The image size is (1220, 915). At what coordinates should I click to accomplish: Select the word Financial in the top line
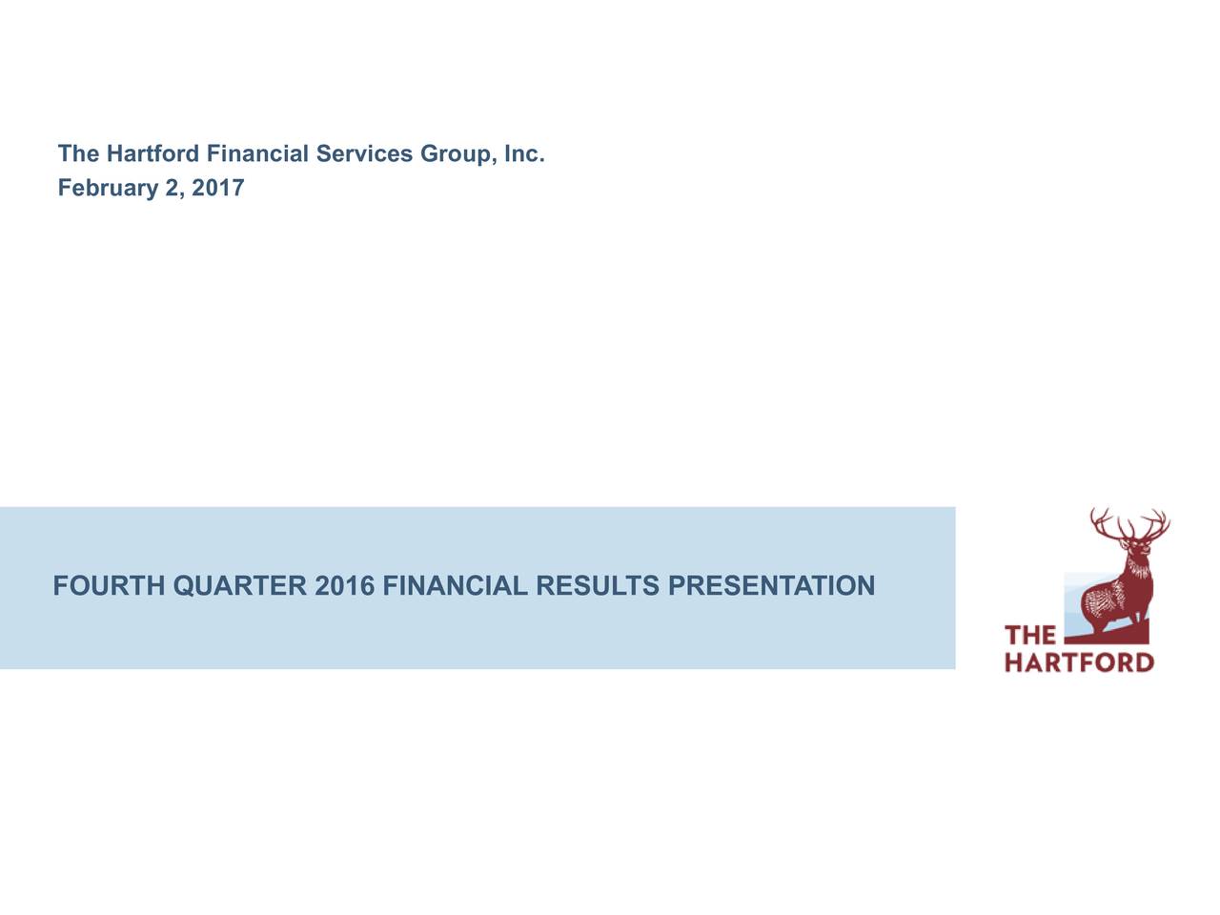click(257, 154)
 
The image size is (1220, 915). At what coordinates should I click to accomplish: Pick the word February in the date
click(108, 189)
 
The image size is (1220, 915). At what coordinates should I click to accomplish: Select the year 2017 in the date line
click(218, 189)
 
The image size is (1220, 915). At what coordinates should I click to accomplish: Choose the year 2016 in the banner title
click(344, 586)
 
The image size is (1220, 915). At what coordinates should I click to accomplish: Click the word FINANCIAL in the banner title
click(454, 586)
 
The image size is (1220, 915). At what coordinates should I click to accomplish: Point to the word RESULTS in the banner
click(598, 586)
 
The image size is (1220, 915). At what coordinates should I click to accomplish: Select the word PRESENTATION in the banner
click(771, 586)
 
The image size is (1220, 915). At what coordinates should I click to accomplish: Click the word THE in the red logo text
click(1030, 636)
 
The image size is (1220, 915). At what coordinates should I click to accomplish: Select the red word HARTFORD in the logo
click(1079, 661)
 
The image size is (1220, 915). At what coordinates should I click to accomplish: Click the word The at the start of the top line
click(78, 154)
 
